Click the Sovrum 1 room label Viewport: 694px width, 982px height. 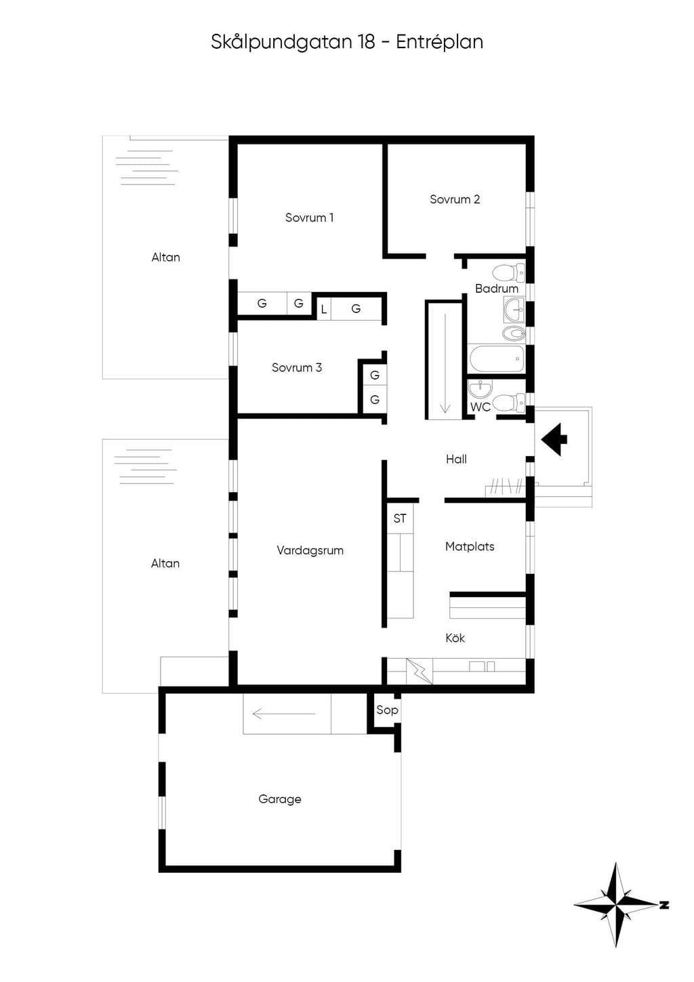click(309, 218)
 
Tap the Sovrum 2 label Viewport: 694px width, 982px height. click(455, 199)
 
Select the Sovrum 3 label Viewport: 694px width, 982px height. click(296, 367)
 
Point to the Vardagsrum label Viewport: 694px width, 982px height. click(310, 550)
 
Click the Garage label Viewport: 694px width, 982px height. click(280, 799)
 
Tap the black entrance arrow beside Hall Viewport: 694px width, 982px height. click(554, 439)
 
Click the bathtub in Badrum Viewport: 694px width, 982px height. click(497, 359)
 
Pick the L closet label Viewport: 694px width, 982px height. click(323, 310)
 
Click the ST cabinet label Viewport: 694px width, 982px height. click(399, 518)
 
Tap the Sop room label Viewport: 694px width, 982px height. click(387, 710)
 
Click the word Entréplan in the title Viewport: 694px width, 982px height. click(439, 43)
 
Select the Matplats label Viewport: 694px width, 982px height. click(470, 547)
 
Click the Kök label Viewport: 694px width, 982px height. click(455, 638)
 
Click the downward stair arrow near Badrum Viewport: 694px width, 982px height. click(445, 363)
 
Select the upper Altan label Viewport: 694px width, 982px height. click(166, 258)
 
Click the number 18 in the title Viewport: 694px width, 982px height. click(367, 43)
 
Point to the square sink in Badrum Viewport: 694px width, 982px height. click(514, 309)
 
